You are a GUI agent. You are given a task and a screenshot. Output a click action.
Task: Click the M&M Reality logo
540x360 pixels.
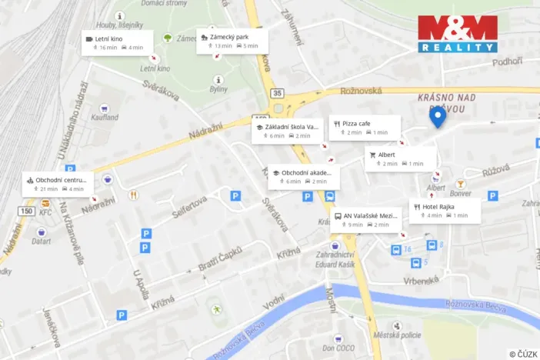pos(457,34)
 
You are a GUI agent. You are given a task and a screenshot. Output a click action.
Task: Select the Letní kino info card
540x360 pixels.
pos(117,42)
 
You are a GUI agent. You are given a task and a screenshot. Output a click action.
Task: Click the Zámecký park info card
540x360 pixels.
pos(232,41)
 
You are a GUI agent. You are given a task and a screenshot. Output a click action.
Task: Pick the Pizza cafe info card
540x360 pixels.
pos(365,128)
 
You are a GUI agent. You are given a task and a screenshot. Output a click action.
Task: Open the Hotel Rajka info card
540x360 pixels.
pos(445,211)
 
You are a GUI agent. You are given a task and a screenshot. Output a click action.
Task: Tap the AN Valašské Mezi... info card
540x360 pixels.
pos(367,220)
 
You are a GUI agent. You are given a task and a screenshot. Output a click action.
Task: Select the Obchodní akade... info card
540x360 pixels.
pos(303,177)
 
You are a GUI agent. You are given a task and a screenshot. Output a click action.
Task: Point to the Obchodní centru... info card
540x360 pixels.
pos(58,184)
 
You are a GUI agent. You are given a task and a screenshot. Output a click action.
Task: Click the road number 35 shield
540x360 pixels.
pos(277,93)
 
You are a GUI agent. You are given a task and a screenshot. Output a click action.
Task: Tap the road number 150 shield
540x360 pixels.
pos(27,211)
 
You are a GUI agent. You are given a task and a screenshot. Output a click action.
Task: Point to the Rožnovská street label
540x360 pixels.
pos(362,91)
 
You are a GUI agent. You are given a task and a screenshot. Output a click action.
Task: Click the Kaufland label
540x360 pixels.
pos(104,117)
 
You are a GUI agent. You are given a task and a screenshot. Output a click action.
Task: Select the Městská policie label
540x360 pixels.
pos(397,335)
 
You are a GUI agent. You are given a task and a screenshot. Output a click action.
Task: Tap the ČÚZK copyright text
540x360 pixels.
pos(523,353)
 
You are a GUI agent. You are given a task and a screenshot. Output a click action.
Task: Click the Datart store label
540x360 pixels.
pos(41,241)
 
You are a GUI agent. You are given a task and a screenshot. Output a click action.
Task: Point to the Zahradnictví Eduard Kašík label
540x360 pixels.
pos(336,258)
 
